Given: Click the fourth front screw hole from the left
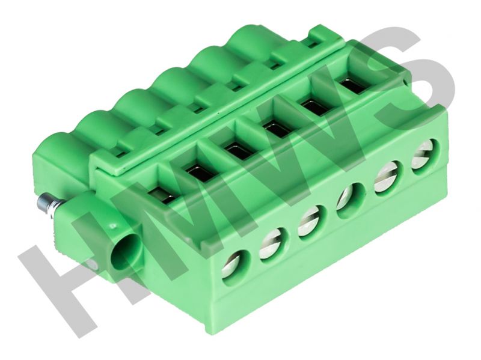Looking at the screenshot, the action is [350, 200].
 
